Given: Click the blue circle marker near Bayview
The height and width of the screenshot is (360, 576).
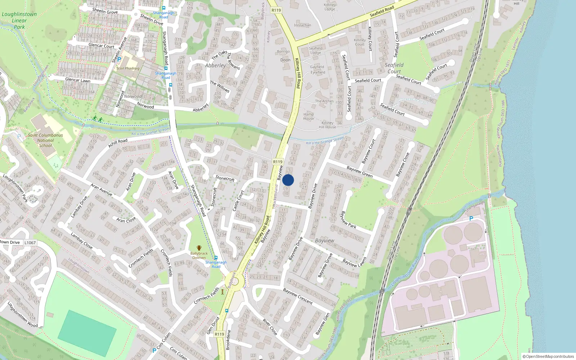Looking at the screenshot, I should pos(288,180).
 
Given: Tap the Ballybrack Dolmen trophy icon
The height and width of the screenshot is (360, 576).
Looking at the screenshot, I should pos(199,248).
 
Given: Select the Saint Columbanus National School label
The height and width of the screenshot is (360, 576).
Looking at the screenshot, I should pos(45,140).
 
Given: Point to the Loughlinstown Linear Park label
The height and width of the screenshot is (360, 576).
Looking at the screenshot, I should pos(19,20).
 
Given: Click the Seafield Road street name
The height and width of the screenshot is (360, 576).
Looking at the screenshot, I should pos(382,12).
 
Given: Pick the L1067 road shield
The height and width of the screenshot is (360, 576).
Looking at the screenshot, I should pos(30,243).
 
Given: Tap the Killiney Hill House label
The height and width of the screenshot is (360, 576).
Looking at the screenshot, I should pos(327,125).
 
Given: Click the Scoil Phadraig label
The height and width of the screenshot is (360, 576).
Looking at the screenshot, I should pos(128,68).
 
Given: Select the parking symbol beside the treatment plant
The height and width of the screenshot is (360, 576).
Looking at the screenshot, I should pos(471,219).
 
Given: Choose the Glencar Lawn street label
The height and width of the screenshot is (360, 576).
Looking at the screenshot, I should pos(78,80).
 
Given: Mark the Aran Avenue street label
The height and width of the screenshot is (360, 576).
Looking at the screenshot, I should pos(101,189).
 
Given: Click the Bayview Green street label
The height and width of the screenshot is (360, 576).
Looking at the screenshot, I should pos(359,172).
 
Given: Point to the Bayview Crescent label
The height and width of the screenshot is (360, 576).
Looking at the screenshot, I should pos(298,296).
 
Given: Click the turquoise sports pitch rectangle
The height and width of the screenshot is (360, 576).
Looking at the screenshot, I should pos(87,333).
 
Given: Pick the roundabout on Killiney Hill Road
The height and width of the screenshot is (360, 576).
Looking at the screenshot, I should pos(234,281).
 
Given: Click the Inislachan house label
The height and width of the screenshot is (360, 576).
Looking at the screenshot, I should pos(302,25).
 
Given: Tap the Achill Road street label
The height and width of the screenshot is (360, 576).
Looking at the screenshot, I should pos(118,143).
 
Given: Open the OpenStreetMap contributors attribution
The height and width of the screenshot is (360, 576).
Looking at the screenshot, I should pos(548,356).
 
